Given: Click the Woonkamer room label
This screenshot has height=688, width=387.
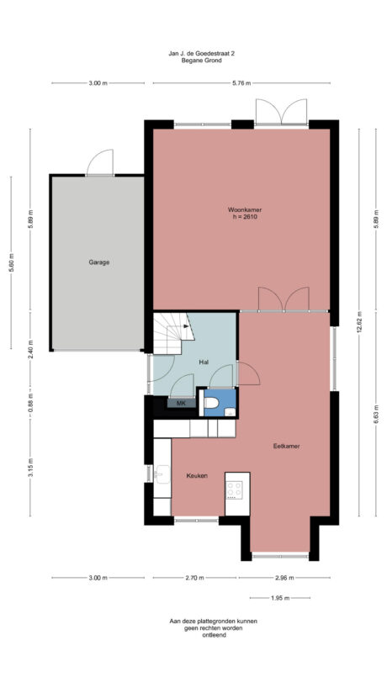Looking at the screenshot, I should [x=241, y=209].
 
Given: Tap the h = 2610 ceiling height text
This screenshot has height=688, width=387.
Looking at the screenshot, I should [x=241, y=217].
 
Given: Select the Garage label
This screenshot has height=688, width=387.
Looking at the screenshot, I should [x=99, y=262].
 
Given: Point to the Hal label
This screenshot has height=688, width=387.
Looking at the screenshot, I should [x=203, y=362].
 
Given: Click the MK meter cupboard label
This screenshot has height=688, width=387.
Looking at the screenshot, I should [x=181, y=404].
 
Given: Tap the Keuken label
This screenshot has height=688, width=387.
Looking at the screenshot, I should [x=197, y=476].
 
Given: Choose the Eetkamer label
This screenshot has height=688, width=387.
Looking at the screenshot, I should [x=287, y=446].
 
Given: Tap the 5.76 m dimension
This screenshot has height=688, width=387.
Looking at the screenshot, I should [x=242, y=83].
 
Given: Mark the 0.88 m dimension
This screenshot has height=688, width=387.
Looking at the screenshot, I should [x=30, y=402].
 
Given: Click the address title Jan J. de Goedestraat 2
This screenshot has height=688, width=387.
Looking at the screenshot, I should [x=202, y=53].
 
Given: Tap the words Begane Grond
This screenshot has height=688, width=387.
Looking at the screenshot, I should [x=202, y=61].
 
